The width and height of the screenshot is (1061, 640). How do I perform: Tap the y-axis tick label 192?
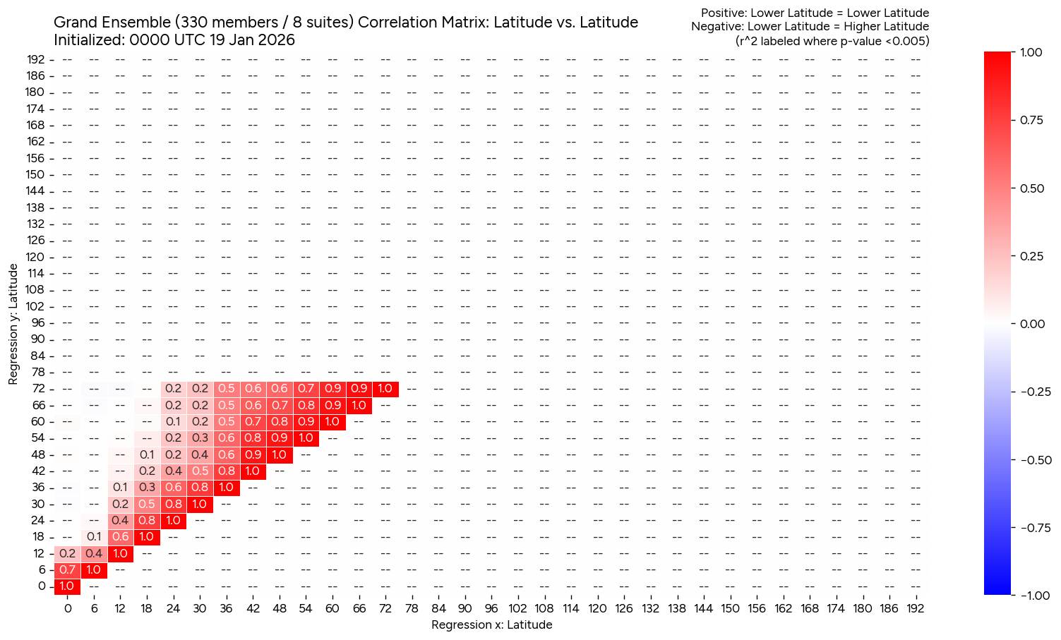pos(36,59)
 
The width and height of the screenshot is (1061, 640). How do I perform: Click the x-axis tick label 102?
pos(517,608)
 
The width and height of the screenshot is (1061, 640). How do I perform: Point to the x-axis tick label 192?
pos(915,608)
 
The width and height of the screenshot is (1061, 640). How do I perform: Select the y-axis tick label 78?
pos(38,372)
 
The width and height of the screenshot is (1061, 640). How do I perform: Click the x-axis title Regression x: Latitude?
pos(491,624)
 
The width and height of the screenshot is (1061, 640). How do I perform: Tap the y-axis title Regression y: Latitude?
pos(13,325)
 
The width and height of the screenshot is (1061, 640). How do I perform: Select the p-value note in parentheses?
pos(832,41)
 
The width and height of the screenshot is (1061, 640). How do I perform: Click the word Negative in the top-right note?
pos(715,27)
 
